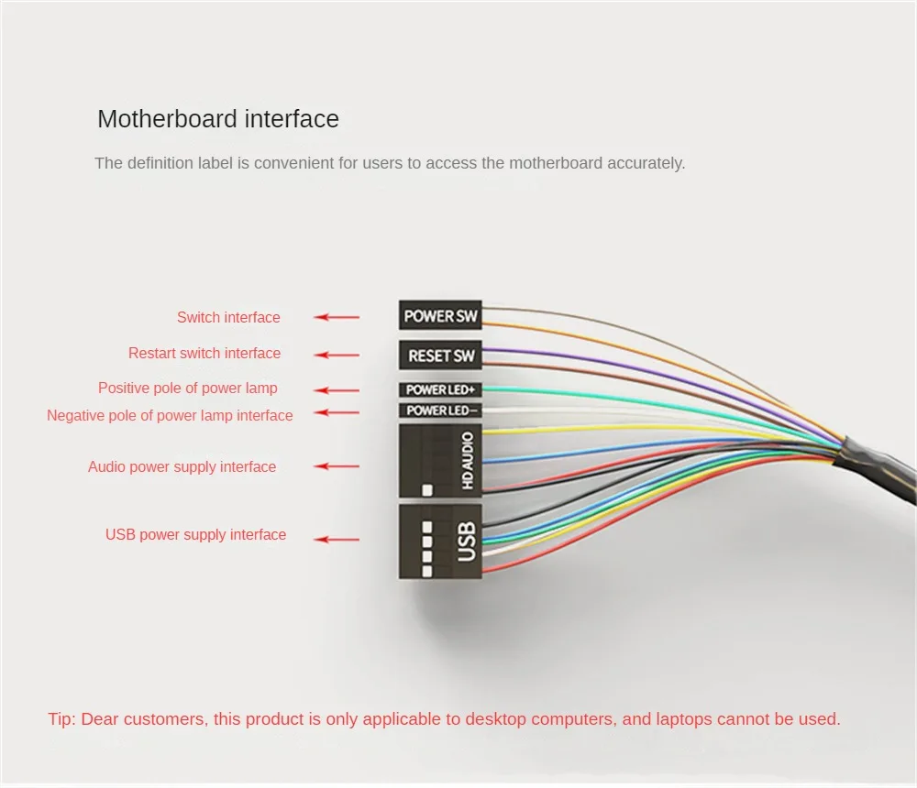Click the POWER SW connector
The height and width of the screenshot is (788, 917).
click(x=440, y=315)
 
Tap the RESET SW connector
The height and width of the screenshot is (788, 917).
click(x=440, y=355)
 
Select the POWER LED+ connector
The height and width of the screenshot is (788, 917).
click(x=440, y=389)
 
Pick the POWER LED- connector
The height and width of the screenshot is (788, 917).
click(x=440, y=410)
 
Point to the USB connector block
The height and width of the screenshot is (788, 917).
click(x=440, y=541)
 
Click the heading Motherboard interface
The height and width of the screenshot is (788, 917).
click(x=218, y=119)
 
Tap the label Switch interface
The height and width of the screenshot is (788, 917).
click(x=228, y=317)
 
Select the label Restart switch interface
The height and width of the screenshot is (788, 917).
click(x=204, y=353)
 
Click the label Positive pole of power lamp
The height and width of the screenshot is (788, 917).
click(x=188, y=388)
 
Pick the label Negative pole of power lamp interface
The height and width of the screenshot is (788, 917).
click(x=170, y=415)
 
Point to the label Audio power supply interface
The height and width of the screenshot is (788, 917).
click(x=182, y=466)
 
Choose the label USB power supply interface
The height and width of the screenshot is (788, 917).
click(x=195, y=534)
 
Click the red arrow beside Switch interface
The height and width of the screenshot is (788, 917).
click(x=337, y=317)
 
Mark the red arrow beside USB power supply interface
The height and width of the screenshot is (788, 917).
click(x=337, y=540)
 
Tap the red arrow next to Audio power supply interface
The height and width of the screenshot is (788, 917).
click(x=337, y=466)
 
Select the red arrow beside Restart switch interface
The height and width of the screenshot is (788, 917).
click(x=337, y=355)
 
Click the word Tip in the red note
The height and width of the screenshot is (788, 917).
click(x=61, y=719)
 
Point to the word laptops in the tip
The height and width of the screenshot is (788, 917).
click(x=683, y=719)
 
